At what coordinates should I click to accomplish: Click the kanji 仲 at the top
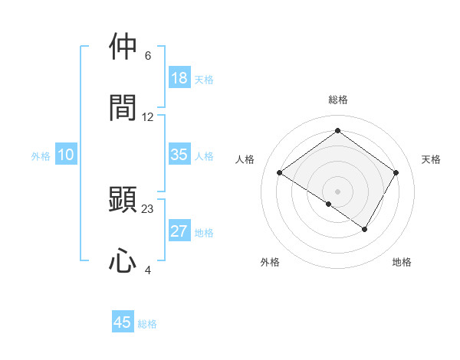click(123, 47)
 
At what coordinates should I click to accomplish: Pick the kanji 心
click(123, 260)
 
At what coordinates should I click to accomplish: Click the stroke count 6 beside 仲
click(148, 56)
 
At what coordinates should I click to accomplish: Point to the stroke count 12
click(148, 117)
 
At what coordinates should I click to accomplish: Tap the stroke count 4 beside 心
click(148, 270)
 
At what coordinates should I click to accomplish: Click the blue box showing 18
click(179, 78)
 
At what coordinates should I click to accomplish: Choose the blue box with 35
click(179, 155)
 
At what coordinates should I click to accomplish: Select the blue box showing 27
click(179, 231)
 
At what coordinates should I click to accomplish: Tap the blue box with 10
click(66, 155)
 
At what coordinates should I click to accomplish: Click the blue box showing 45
click(123, 322)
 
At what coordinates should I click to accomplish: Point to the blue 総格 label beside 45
click(147, 324)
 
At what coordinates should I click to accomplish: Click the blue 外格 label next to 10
click(41, 155)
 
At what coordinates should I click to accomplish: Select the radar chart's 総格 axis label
click(338, 100)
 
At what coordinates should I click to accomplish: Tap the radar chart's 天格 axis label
click(432, 159)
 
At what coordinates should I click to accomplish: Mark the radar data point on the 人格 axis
click(280, 173)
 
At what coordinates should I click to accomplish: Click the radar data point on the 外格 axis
click(329, 204)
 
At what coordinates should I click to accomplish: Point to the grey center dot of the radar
click(338, 191)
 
